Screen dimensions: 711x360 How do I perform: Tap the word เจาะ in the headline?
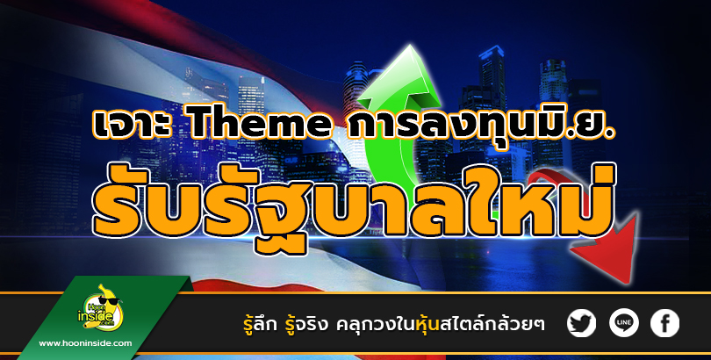133,123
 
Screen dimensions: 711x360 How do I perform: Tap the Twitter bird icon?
581,323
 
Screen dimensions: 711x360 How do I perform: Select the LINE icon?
623,323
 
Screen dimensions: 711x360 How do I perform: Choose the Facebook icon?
664,323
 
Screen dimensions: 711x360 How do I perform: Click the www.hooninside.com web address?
85,343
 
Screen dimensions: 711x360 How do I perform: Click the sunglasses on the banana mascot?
108,300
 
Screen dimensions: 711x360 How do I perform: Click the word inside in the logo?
94,313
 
